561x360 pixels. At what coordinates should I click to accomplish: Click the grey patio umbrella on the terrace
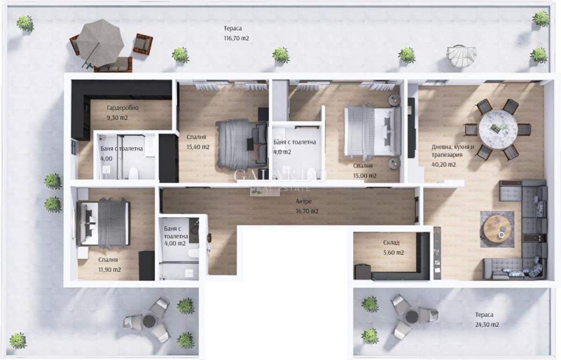(x=101, y=42)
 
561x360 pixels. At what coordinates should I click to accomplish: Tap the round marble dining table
(x=498, y=130)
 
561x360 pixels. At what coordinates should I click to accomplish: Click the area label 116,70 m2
(x=236, y=38)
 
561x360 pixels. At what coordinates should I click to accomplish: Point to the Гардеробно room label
(x=122, y=108)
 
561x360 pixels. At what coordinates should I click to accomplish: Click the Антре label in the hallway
(x=303, y=201)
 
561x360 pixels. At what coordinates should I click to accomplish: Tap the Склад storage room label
(x=391, y=243)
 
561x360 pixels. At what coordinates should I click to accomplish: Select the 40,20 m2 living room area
(x=444, y=165)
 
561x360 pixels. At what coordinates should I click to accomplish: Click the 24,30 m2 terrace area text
(x=487, y=324)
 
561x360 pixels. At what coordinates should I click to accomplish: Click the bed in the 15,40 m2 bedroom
(x=241, y=144)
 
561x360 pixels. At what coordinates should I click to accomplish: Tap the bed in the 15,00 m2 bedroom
(x=373, y=131)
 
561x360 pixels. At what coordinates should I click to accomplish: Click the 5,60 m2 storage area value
(x=394, y=253)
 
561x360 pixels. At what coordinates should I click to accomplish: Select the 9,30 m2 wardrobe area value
(x=117, y=118)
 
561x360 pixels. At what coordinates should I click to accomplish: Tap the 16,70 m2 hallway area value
(x=307, y=211)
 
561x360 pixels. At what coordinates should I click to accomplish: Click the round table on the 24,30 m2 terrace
(x=412, y=317)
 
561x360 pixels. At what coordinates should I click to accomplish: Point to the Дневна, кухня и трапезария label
(x=453, y=151)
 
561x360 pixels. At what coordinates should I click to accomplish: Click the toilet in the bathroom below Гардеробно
(x=133, y=173)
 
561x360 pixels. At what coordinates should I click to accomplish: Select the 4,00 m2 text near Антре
(x=175, y=243)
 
